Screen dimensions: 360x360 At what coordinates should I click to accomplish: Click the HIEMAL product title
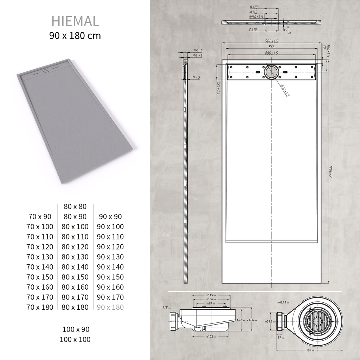click(75, 21)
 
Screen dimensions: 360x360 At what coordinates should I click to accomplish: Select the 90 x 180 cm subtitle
click(75, 36)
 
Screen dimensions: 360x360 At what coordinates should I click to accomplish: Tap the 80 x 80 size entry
click(75, 206)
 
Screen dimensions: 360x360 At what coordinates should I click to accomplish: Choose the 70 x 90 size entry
click(40, 217)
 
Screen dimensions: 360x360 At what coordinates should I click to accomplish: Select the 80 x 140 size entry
click(75, 267)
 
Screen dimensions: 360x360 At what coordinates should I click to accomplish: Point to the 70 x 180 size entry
click(40, 307)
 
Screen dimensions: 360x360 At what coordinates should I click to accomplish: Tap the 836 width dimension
click(271, 47)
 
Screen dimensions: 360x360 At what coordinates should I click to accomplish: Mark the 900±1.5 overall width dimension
click(271, 41)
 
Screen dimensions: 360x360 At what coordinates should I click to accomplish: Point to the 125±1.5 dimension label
click(218, 89)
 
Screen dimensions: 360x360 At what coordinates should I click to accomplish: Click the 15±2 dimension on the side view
click(196, 77)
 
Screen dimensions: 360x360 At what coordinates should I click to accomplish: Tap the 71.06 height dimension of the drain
click(251, 320)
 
